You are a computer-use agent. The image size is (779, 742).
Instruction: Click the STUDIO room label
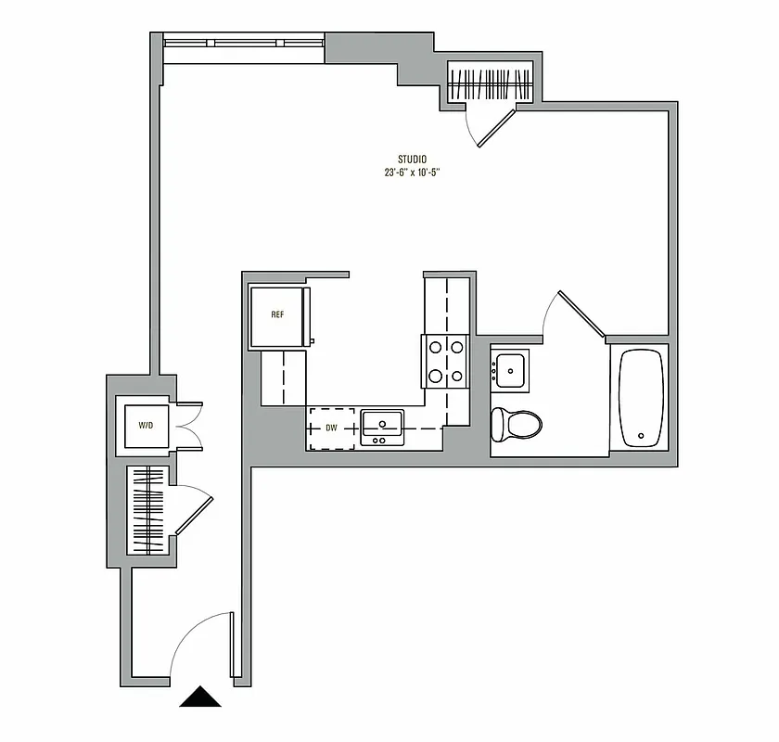[413, 159]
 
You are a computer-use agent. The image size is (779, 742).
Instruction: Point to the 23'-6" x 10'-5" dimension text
[413, 173]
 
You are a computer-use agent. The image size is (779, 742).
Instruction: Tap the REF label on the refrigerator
[277, 314]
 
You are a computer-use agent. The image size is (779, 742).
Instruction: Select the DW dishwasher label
[331, 428]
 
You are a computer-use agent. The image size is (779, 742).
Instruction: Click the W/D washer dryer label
[146, 426]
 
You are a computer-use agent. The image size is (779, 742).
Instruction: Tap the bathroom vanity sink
[509, 369]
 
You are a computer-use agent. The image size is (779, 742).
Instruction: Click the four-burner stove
[443, 362]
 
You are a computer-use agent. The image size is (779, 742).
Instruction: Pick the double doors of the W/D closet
[188, 426]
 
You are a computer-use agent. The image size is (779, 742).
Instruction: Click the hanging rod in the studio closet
[491, 84]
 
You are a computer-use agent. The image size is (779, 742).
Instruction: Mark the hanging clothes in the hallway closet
[147, 510]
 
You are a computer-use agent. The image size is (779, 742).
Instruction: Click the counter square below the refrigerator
[283, 377]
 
